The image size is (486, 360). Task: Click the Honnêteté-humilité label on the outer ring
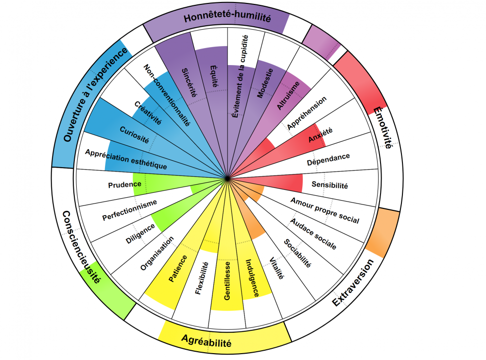[x=227, y=18]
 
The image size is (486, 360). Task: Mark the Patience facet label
[x=178, y=269]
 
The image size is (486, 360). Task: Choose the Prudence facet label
[x=125, y=185]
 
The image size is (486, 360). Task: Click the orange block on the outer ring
[x=382, y=233]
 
